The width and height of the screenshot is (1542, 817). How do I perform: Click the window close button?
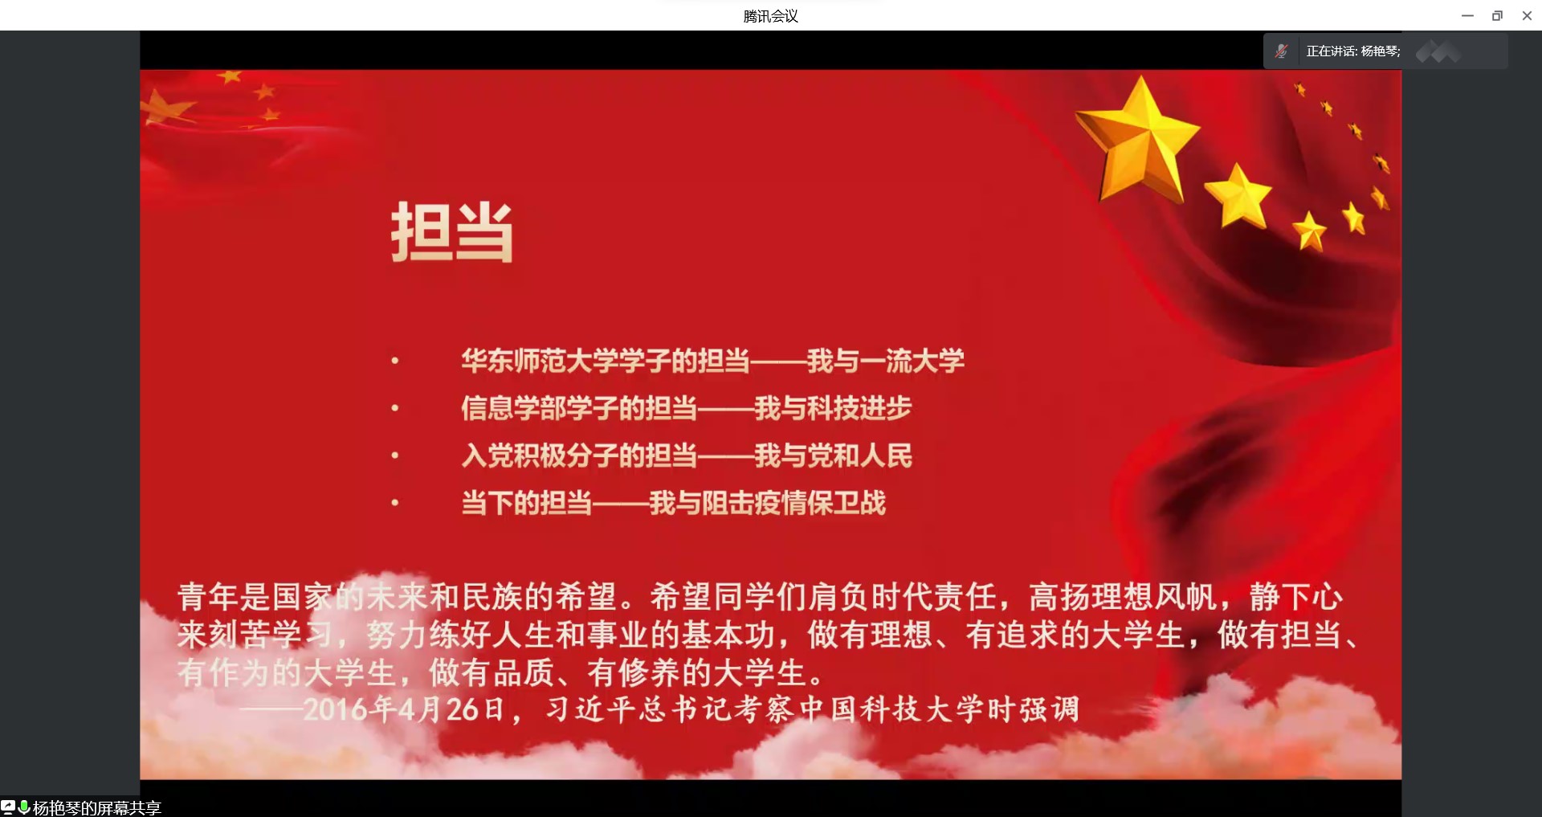pyautogui.click(x=1527, y=15)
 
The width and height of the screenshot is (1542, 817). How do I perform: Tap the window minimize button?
pyautogui.click(x=1467, y=15)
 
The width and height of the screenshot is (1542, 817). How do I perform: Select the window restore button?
pyautogui.click(x=1497, y=15)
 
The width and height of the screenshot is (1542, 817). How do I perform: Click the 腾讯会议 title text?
pyautogui.click(x=770, y=16)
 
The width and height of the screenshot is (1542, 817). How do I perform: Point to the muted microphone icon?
pyautogui.click(x=1282, y=51)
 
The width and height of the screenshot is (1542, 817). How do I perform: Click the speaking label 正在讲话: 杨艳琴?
pyautogui.click(x=1353, y=51)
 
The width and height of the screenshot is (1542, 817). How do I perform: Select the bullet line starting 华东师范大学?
pyautogui.click(x=713, y=361)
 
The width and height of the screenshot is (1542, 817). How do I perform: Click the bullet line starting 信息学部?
pyautogui.click(x=687, y=408)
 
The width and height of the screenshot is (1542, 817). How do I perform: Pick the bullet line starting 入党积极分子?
pyautogui.click(x=687, y=455)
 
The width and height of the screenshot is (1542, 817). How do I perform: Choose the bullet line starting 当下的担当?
pyautogui.click(x=674, y=503)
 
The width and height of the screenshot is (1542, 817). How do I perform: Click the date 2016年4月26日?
pyautogui.click(x=404, y=709)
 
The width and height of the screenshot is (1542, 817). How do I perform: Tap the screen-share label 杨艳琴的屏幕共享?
pyautogui.click(x=97, y=807)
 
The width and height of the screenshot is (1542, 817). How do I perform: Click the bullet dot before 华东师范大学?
pyautogui.click(x=394, y=362)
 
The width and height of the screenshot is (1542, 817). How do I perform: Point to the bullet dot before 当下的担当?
pyautogui.click(x=394, y=504)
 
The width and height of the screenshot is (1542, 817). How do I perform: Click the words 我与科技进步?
pyautogui.click(x=834, y=408)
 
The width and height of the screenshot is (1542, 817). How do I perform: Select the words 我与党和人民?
pyautogui.click(x=834, y=455)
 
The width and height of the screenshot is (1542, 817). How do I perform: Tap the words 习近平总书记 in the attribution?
pyautogui.click(x=638, y=709)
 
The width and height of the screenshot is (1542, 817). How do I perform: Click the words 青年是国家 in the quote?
pyautogui.click(x=255, y=597)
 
